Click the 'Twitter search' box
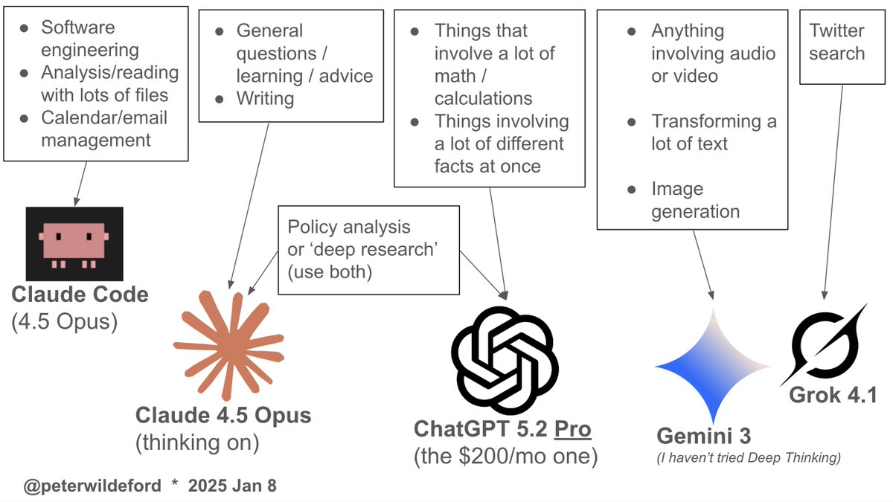pyautogui.click(x=837, y=42)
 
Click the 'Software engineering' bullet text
pyautogui.click(x=90, y=39)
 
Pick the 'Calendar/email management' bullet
pyautogui.click(x=103, y=128)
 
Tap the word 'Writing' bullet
pyautogui.click(x=265, y=98)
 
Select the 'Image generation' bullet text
pyautogui.click(x=695, y=200)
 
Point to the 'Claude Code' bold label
pyautogui.click(x=80, y=295)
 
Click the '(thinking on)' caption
pyautogui.click(x=197, y=443)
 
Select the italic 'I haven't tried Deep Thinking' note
pyautogui.click(x=749, y=458)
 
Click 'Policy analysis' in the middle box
pyautogui.click(x=349, y=227)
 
